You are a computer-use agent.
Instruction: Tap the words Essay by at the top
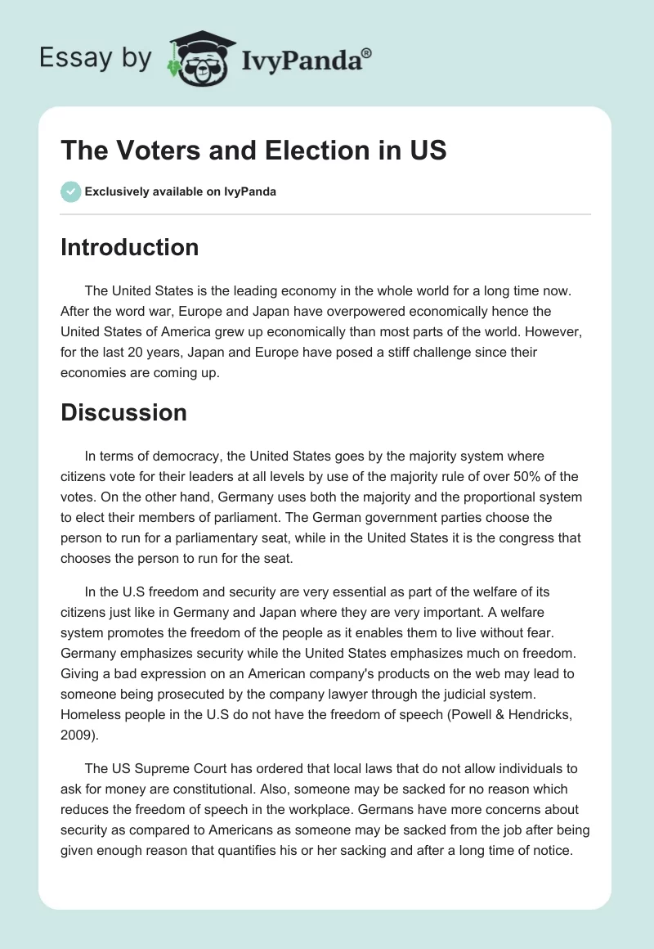pos(96,58)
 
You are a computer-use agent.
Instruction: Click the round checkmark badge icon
pos(70,191)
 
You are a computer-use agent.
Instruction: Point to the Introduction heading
pos(129,247)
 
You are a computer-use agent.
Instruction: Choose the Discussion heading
pos(123,412)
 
